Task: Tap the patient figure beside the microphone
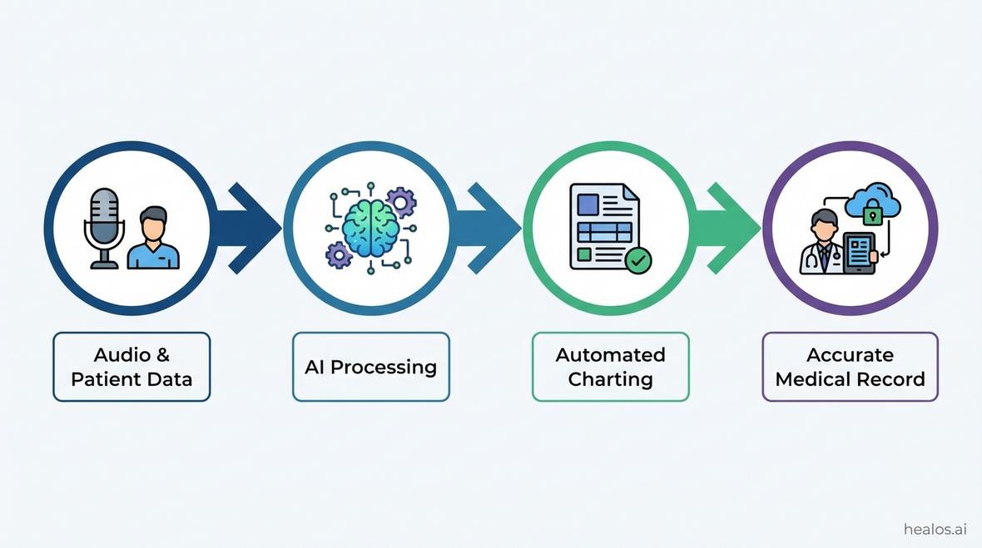(x=153, y=239)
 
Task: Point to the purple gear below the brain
(x=339, y=254)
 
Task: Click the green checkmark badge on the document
(x=638, y=260)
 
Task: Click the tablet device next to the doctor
(x=860, y=253)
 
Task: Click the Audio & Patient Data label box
(x=131, y=367)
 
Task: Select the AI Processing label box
(x=370, y=367)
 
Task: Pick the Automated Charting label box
(x=610, y=367)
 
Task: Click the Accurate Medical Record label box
(x=850, y=367)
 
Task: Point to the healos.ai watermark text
(x=936, y=530)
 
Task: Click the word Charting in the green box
(x=610, y=379)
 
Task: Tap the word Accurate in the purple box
(x=850, y=355)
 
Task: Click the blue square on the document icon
(x=588, y=204)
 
